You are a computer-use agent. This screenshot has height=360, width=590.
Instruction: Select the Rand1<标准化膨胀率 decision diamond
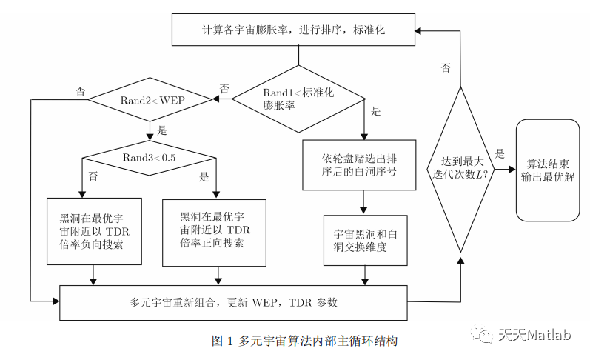(298, 99)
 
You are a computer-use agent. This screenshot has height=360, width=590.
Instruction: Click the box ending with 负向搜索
(93, 230)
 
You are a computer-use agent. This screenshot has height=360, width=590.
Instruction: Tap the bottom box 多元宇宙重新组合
(233, 302)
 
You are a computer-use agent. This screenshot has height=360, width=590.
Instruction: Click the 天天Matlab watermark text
(534, 336)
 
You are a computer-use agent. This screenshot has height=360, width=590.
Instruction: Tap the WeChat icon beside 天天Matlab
(486, 336)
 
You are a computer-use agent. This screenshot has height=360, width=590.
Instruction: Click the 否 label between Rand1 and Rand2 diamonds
(224, 88)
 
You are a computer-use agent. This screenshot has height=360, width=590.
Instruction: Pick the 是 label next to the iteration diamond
(500, 154)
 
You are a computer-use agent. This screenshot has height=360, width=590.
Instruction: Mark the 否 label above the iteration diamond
(446, 68)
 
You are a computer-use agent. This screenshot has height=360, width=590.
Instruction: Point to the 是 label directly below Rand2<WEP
(162, 130)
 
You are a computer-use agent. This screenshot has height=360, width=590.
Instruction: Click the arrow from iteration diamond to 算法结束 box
(503, 169)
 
